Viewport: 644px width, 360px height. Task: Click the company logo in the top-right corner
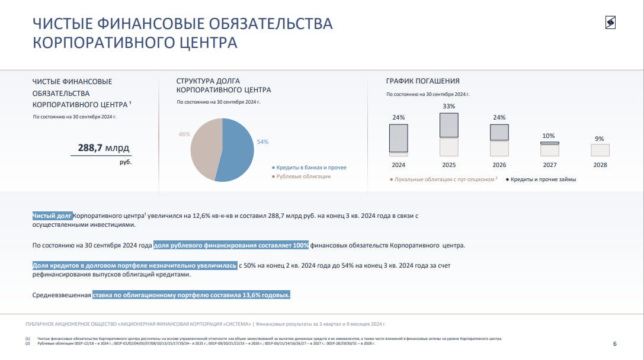click(610, 22)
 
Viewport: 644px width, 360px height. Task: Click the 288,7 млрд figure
click(104, 147)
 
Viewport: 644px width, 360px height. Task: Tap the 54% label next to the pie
click(262, 142)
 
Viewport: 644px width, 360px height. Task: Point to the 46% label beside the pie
click(184, 134)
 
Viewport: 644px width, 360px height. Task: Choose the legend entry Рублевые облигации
click(303, 176)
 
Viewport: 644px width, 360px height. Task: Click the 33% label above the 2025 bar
click(448, 107)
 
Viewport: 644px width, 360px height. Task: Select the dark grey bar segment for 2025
click(448, 126)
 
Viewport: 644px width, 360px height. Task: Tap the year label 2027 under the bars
click(549, 165)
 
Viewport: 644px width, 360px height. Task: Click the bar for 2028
click(600, 150)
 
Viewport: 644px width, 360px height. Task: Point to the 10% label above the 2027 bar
click(549, 136)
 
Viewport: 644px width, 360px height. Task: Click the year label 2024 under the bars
click(398, 165)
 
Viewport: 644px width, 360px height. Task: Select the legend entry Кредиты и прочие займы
click(543, 179)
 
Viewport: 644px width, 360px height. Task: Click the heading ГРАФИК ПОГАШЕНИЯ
click(422, 81)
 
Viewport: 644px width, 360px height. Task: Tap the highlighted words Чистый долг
click(53, 216)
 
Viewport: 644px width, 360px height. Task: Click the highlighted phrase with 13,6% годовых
click(191, 294)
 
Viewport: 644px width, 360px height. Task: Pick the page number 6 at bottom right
click(614, 344)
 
